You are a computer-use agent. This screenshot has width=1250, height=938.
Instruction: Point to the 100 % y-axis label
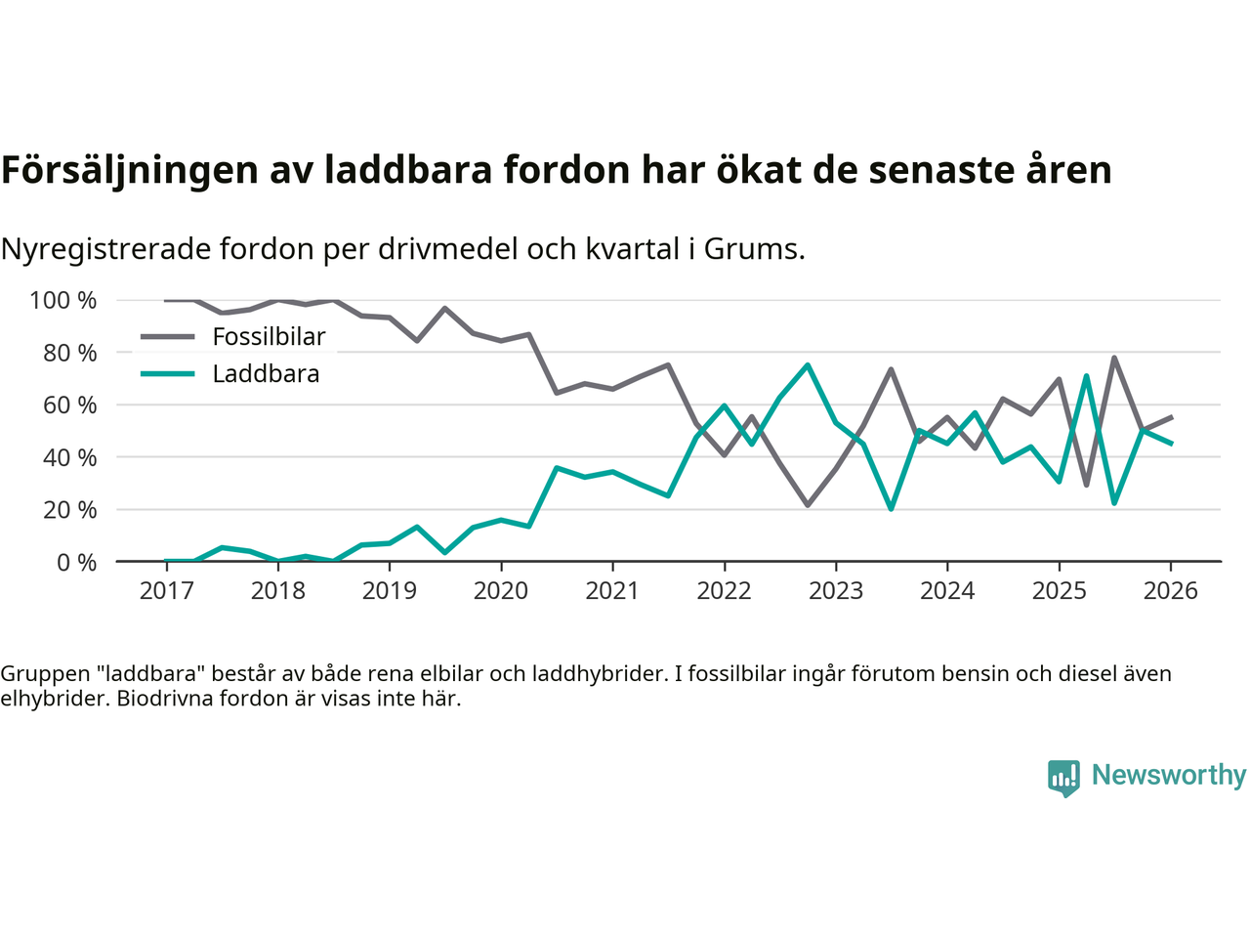point(63,300)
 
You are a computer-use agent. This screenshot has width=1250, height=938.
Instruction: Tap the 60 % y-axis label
point(69,405)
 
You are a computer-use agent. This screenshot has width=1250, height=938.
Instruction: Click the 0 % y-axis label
point(75,562)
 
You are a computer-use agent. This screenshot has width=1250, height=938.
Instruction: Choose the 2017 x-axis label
point(166,591)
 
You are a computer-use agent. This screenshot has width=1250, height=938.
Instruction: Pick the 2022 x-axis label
point(724,591)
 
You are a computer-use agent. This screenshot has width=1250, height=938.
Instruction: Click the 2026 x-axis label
point(1170,591)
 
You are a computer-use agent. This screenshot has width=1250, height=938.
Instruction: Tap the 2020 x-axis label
point(501,591)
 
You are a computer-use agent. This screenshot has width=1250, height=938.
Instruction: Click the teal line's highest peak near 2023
point(808,365)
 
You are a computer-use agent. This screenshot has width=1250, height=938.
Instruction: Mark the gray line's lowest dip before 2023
point(808,505)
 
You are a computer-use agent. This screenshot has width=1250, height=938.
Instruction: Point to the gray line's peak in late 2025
point(1114,358)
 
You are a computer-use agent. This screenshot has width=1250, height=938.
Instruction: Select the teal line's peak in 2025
point(1086,376)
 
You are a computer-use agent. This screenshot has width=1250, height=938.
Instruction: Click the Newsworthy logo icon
point(1063,778)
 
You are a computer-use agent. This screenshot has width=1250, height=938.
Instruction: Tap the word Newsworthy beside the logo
point(1169,775)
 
